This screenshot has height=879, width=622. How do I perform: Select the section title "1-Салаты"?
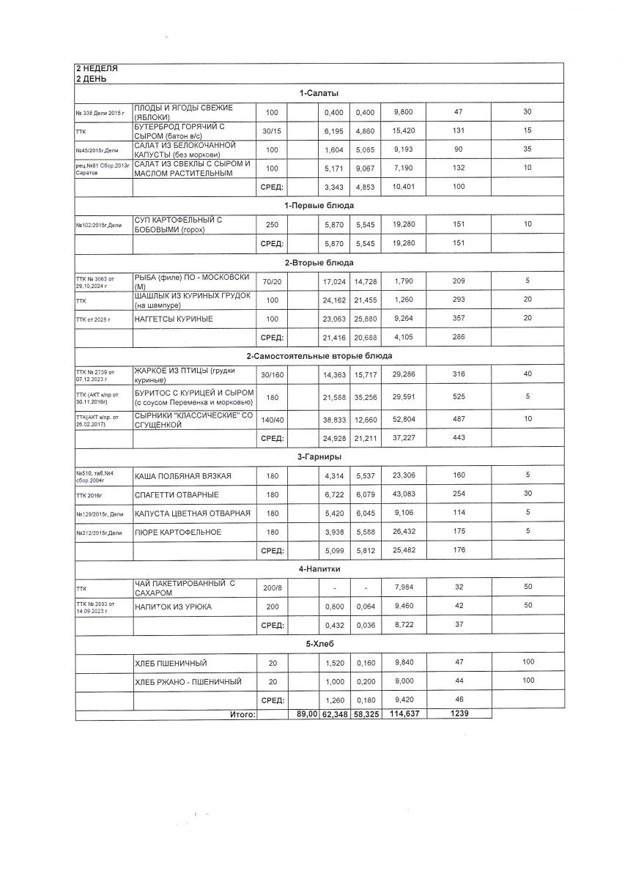click(x=319, y=93)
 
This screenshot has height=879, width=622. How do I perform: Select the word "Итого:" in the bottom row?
click(x=242, y=713)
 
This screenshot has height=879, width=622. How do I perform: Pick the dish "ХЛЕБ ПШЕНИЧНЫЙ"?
click(x=171, y=664)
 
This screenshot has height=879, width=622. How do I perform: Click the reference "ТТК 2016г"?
click(x=91, y=494)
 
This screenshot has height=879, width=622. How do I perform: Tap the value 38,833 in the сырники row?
click(x=334, y=418)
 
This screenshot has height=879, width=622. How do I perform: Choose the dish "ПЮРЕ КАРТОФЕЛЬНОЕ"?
click(x=178, y=533)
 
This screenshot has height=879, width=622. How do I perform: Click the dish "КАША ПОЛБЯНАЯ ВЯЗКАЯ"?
click(x=183, y=476)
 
